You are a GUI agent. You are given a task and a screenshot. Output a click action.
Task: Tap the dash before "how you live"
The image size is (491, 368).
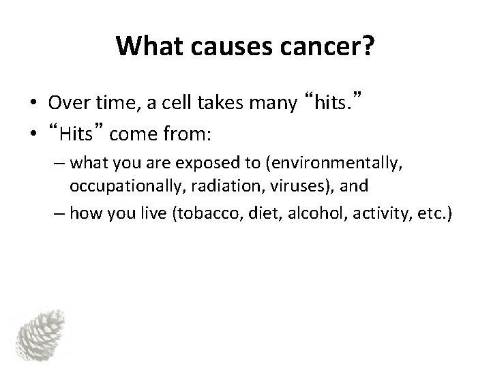click(59, 215)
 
